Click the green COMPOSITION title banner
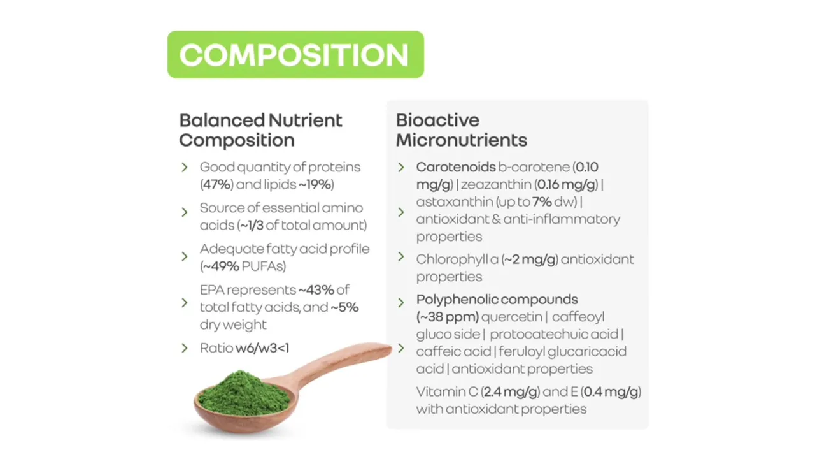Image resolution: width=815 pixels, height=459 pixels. [x=295, y=54]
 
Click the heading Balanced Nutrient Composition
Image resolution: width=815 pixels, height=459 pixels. [x=260, y=130]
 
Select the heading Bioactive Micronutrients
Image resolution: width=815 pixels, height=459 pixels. [x=462, y=130]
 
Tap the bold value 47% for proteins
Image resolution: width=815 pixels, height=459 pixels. [x=217, y=184]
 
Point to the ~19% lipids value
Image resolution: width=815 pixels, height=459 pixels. [x=315, y=184]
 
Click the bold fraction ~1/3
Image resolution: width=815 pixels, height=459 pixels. [x=252, y=225]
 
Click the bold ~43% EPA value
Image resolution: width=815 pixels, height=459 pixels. [x=316, y=290]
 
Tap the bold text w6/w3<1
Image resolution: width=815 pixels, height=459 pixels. [x=262, y=348]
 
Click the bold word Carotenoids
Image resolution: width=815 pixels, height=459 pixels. [x=456, y=167]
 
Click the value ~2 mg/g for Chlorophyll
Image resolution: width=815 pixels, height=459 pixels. [x=530, y=259]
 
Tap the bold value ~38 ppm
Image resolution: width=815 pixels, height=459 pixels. [x=448, y=317]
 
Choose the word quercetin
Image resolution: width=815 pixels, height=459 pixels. [x=511, y=317]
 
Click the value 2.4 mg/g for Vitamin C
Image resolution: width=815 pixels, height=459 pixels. [x=511, y=392]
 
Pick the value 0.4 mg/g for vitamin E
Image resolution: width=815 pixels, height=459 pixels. [x=611, y=392]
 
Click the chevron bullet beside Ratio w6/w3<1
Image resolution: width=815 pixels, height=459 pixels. [x=185, y=348]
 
